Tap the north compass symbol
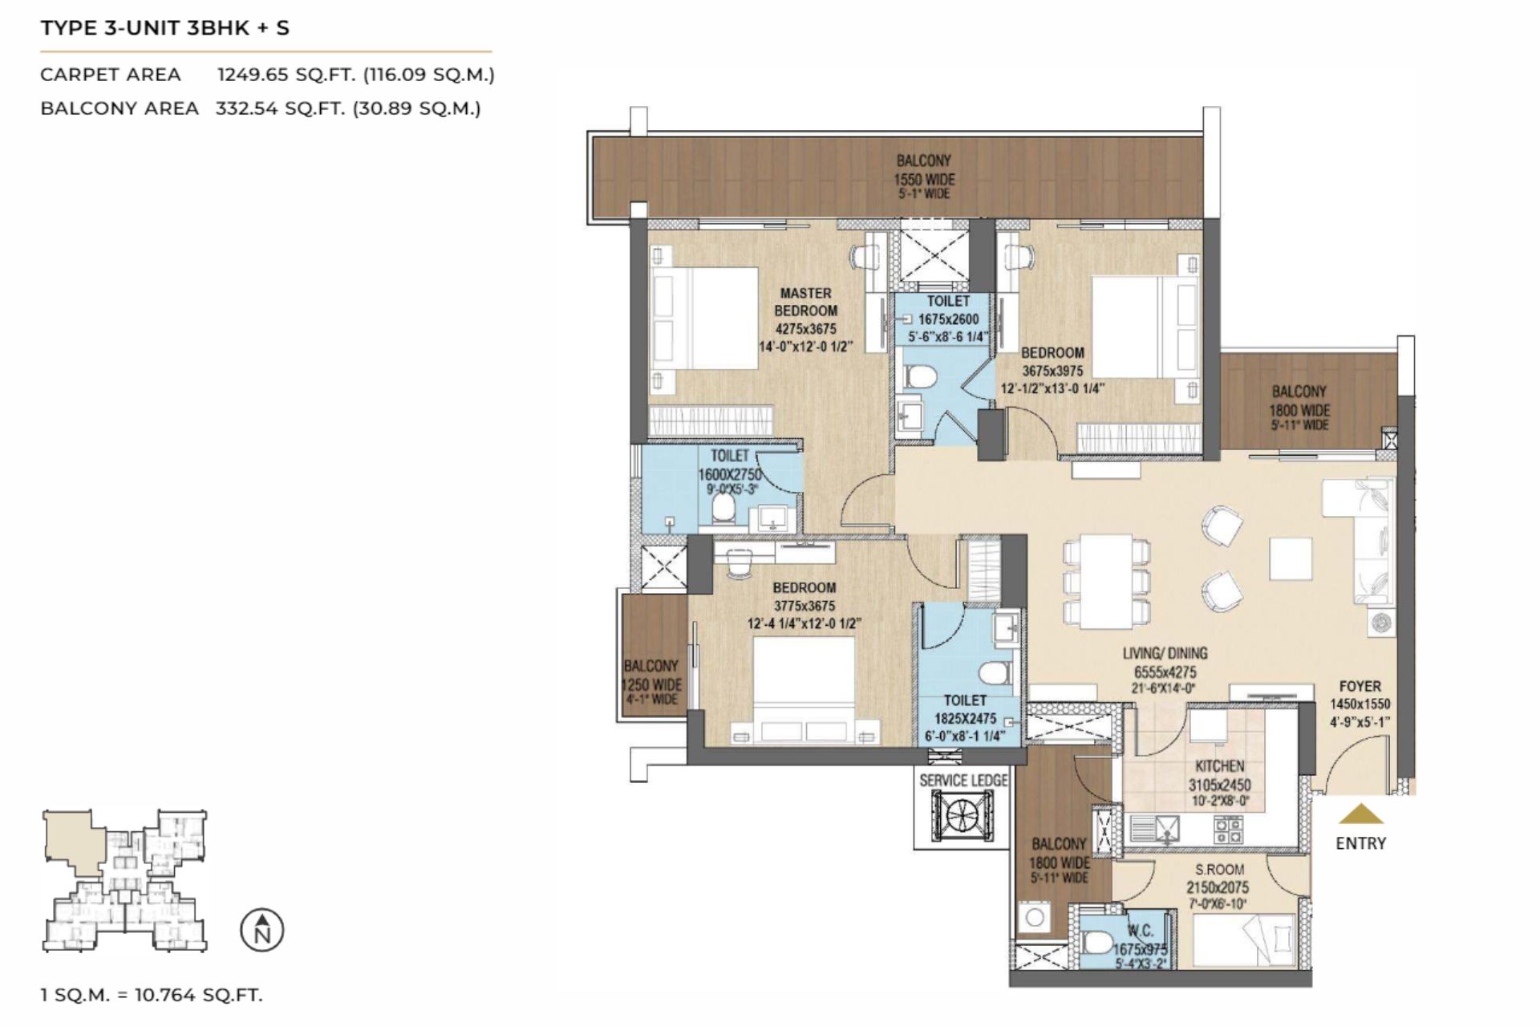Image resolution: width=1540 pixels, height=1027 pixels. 262,931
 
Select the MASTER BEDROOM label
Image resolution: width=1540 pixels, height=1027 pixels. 805,302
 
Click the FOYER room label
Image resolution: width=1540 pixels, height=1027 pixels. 1360,687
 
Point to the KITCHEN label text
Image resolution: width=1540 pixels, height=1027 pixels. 1219,766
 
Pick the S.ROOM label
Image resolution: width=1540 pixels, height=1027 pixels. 1219,869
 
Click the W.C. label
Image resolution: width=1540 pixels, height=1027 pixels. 1140,931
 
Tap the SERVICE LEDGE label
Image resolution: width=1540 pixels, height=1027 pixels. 962,780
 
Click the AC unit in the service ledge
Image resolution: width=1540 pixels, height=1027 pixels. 961,815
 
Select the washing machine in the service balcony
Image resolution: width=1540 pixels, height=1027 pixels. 1035,917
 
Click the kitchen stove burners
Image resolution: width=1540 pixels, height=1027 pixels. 1228,829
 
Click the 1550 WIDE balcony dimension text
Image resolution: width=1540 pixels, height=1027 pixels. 924,180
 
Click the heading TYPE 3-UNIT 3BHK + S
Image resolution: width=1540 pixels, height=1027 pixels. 165,28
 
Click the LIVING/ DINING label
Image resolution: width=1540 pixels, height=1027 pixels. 1165,653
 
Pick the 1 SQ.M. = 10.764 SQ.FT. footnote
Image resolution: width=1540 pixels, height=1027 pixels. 152,995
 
